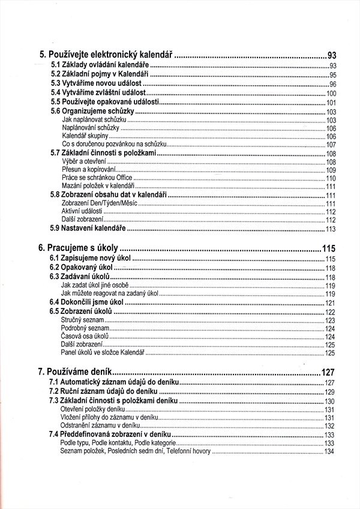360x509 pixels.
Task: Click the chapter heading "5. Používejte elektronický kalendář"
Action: pyautogui.click(x=102, y=55)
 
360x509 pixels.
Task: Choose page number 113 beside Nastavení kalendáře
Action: pyautogui.click(x=330, y=229)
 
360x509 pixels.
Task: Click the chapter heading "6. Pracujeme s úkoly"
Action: pyautogui.click(x=78, y=247)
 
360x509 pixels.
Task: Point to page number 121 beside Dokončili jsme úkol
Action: pyautogui.click(x=330, y=304)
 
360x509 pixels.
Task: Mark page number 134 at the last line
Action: pyautogui.click(x=329, y=452)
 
